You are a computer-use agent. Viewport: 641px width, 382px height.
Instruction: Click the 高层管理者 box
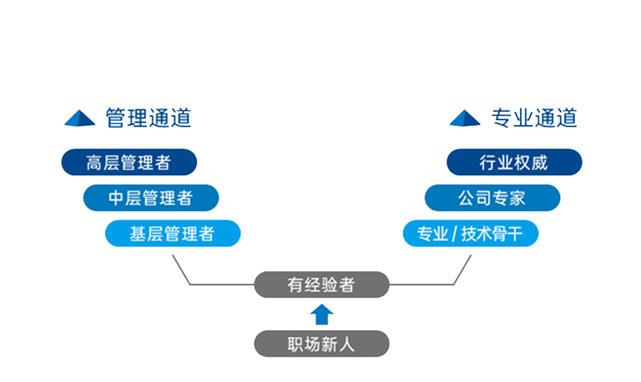[129, 163]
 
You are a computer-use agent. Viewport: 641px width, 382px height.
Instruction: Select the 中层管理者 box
[151, 198]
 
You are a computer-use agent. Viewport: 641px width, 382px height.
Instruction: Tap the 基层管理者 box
[172, 234]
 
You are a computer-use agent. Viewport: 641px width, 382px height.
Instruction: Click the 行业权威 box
[514, 163]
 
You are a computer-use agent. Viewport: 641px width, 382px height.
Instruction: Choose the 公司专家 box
[492, 198]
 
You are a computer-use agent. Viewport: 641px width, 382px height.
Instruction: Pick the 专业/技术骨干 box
[470, 234]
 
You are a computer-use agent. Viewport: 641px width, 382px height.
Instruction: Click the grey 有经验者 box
[321, 285]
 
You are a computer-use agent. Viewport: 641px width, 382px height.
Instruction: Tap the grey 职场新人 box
[321, 343]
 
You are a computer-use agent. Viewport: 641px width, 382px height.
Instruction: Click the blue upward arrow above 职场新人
[322, 314]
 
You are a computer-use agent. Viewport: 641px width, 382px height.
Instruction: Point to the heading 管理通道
[148, 118]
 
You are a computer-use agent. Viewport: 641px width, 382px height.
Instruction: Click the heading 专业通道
[534, 118]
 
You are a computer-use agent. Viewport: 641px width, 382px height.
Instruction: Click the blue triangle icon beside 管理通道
[80, 119]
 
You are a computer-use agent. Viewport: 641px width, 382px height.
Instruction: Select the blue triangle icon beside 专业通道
[465, 119]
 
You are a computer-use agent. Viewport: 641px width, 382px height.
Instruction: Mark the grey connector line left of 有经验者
[221, 284]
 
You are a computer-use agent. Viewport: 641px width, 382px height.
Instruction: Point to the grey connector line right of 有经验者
[422, 284]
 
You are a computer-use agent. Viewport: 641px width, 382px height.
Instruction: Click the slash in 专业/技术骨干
[454, 235]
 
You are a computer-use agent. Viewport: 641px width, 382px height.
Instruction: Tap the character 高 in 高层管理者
[94, 163]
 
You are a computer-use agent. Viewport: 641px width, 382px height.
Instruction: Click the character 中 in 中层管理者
[116, 198]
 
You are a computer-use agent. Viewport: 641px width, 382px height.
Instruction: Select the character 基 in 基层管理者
[138, 234]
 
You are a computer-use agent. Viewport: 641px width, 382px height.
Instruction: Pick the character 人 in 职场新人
[346, 343]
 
